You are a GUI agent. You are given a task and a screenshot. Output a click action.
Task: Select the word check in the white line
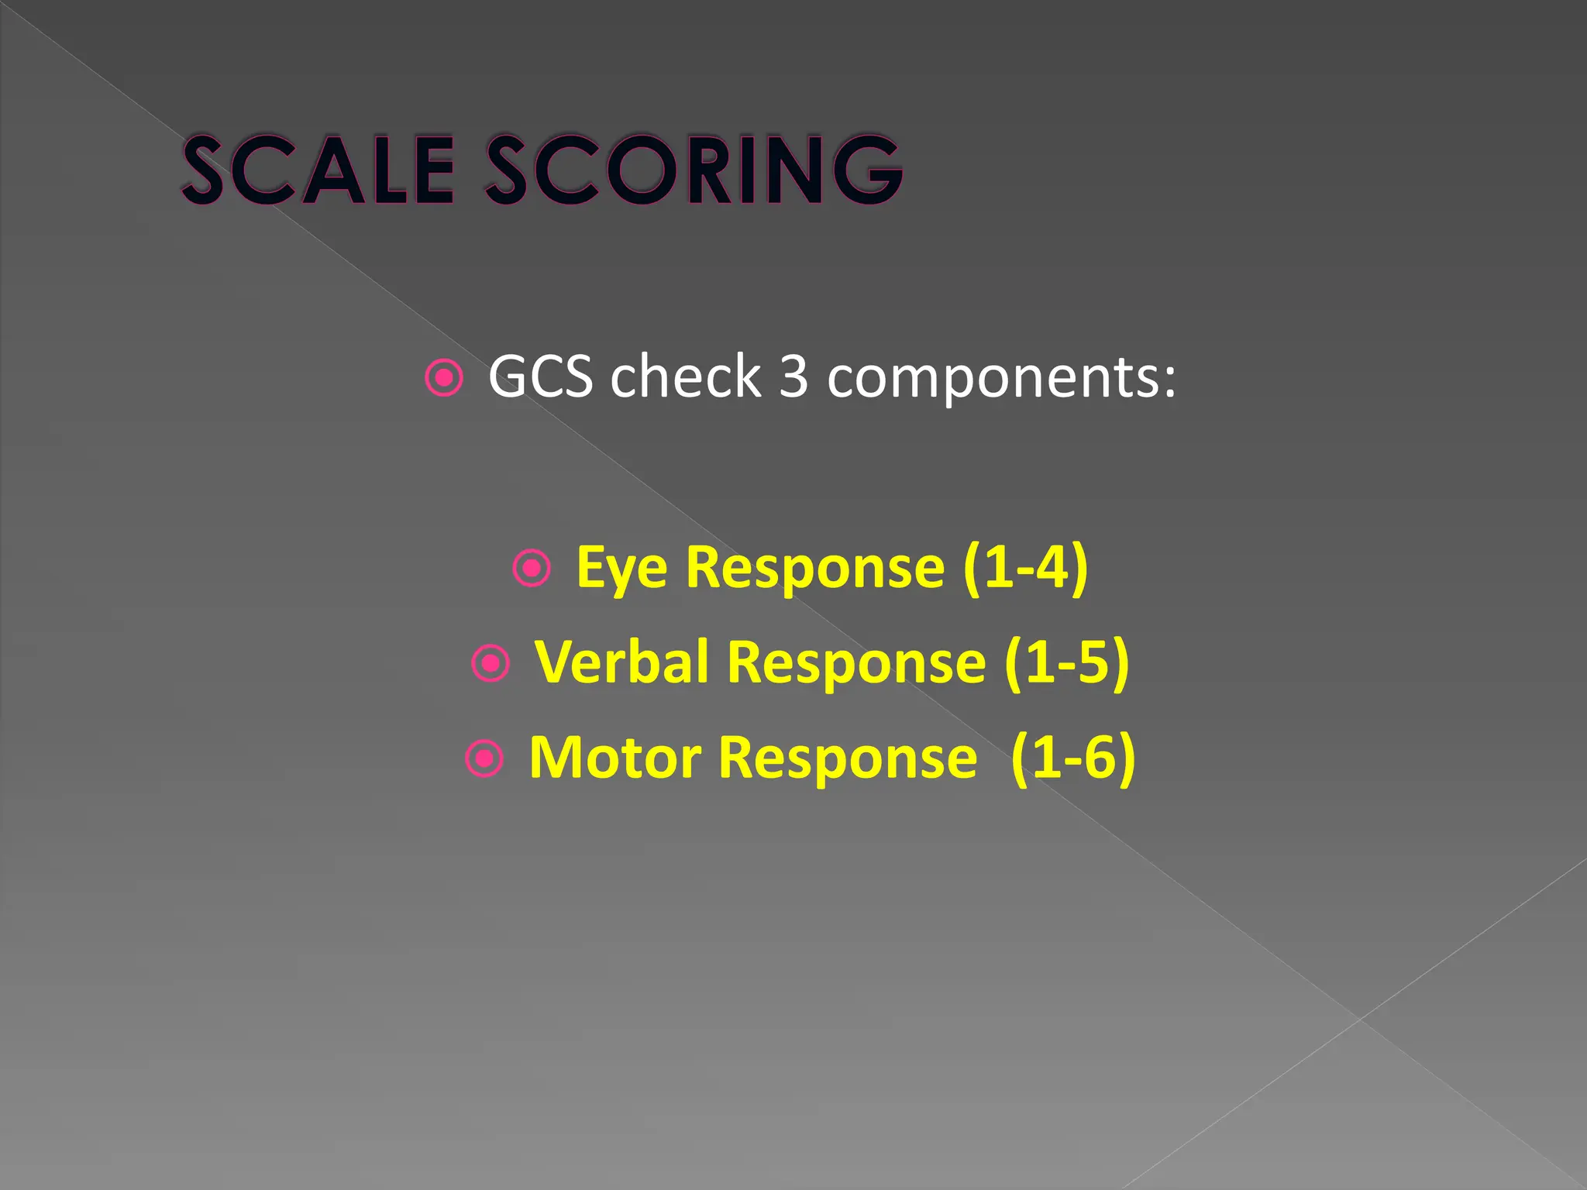(x=685, y=377)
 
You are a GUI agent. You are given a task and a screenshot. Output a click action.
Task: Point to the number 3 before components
(x=793, y=377)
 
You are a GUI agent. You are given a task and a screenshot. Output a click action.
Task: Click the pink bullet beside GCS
(x=445, y=378)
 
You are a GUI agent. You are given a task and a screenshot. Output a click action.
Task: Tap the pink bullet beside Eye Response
(x=532, y=568)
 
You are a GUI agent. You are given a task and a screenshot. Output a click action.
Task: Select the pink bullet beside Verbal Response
(x=491, y=663)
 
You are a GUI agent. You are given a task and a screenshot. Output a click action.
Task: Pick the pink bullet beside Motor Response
(x=485, y=758)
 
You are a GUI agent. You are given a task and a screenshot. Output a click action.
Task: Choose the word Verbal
(x=621, y=662)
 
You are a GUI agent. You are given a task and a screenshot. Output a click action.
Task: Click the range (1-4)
(x=1025, y=568)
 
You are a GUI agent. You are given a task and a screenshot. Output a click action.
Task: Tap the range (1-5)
(x=1066, y=662)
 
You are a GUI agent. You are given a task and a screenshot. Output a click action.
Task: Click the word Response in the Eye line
(x=815, y=569)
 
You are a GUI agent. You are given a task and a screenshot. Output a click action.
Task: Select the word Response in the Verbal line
(x=856, y=664)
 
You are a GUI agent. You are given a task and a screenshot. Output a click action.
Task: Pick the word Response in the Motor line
(x=848, y=758)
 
